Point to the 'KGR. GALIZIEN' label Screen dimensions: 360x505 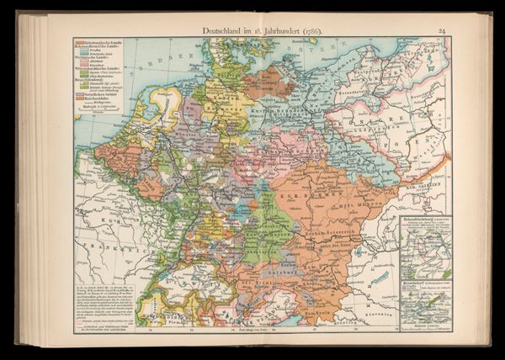(x=425, y=198)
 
